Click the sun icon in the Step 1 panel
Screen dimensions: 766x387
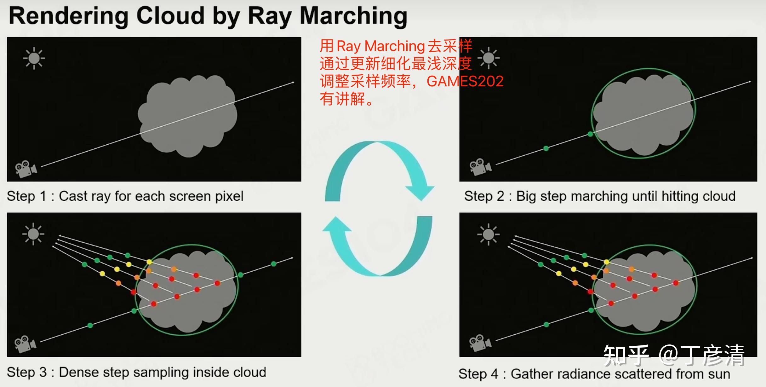[x=34, y=58]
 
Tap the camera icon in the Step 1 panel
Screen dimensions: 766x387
[x=26, y=169]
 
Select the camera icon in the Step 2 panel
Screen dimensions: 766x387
[x=480, y=166]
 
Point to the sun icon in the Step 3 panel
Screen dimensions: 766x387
[x=33, y=234]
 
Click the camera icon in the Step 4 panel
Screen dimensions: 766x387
[x=480, y=343]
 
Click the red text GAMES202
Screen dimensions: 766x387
[x=465, y=81]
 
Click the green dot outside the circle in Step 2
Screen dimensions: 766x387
[x=546, y=148]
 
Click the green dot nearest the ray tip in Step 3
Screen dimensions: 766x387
[x=274, y=264]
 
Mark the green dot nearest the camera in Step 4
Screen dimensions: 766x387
[x=546, y=325]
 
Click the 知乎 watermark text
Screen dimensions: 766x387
[x=626, y=355]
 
